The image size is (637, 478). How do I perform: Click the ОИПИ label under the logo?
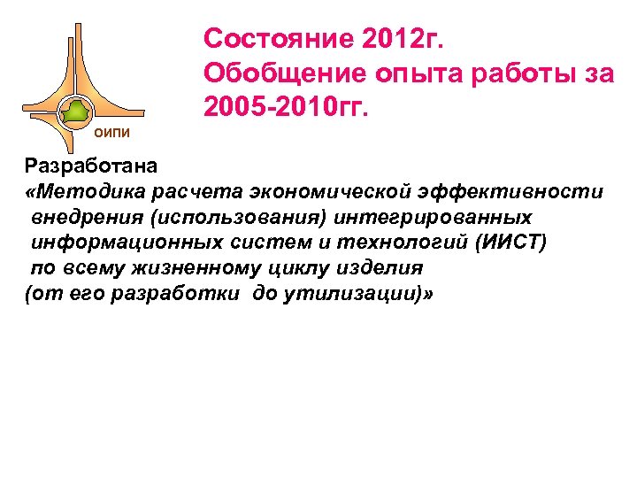pos(111,133)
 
